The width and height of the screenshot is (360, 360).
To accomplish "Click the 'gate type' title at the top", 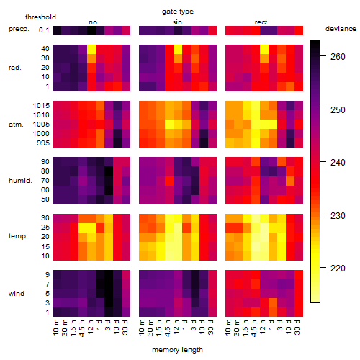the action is point(178,12).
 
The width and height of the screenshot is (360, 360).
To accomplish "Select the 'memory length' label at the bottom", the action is point(177,350).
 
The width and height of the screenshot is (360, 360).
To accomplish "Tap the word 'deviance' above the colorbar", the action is point(341,29).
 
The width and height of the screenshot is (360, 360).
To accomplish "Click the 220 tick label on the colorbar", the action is point(338,268).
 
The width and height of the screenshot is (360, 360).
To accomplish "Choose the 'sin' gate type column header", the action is point(177,22).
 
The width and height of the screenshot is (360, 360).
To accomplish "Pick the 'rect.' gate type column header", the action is point(262,22).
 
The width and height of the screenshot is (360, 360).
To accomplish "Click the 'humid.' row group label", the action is point(20,181).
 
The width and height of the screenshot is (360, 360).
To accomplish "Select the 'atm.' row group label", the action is point(16,125).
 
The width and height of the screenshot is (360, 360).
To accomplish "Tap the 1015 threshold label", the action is point(41,106).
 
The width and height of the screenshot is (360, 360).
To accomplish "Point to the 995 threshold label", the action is point(43,143).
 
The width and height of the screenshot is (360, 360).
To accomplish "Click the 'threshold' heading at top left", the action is point(40,17).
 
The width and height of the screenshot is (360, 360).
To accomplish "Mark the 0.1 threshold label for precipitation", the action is point(44,30).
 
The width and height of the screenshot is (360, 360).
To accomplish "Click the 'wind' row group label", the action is point(17,293).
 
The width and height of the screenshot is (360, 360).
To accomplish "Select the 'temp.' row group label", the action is point(18,236).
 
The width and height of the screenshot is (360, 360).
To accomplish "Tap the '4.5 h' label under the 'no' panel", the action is point(82,328).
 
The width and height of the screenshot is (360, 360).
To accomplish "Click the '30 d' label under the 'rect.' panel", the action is point(297,327).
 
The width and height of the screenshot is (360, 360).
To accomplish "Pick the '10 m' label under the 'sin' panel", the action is point(142,328).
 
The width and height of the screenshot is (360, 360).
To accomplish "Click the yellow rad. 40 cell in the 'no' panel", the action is point(91,49).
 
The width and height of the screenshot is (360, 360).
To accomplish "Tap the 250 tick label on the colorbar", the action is point(338,110).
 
